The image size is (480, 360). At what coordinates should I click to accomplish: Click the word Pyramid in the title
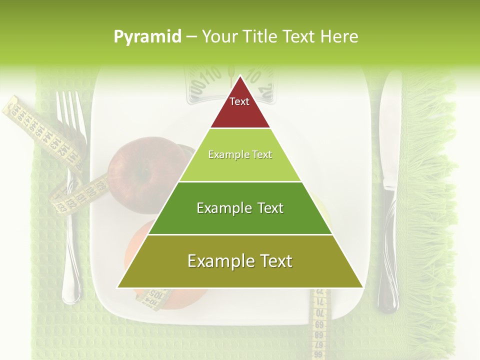coord(147,36)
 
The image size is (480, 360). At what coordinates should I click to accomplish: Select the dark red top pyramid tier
coord(240,107)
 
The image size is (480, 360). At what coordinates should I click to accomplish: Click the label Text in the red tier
coord(239,101)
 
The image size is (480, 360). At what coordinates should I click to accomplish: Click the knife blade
coord(389,130)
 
